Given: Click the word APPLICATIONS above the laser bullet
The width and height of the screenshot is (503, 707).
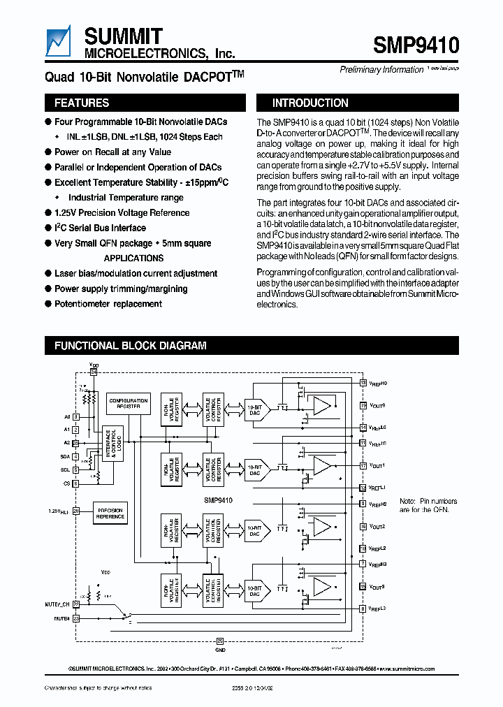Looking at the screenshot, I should click(x=133, y=258).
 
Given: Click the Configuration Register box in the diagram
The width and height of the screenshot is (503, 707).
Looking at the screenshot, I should click(x=129, y=404).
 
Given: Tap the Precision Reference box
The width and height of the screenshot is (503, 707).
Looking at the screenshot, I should click(x=110, y=513).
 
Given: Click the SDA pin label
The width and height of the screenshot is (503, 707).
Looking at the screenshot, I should click(x=65, y=456).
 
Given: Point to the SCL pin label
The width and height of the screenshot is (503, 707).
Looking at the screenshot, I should click(x=65, y=470).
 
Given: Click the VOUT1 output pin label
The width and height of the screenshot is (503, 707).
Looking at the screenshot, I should click(x=378, y=465).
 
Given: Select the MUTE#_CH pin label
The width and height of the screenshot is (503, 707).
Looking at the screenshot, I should click(x=57, y=604).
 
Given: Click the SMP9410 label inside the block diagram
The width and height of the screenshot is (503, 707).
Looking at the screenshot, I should click(x=219, y=500).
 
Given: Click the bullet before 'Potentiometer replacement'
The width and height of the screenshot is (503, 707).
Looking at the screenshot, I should click(x=48, y=304).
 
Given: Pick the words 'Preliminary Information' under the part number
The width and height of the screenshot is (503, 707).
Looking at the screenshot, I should click(x=381, y=69).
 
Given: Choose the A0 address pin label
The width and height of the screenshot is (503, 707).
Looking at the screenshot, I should click(x=66, y=416).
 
